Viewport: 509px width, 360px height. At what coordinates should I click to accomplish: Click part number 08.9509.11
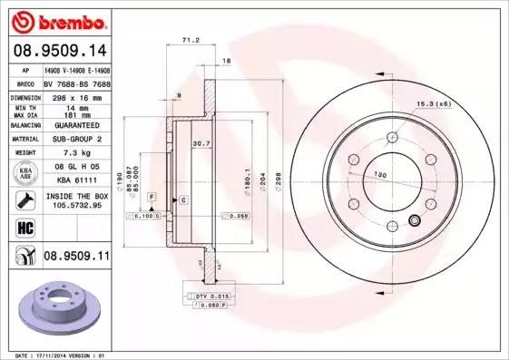76,258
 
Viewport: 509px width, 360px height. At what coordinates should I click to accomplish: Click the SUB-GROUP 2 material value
76,139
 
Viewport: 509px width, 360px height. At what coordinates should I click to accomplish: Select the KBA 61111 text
77,180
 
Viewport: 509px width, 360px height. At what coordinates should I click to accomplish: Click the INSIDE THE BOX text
76,196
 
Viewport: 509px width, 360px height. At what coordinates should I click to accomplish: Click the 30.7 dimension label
201,143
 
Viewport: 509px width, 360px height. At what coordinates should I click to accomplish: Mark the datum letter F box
152,197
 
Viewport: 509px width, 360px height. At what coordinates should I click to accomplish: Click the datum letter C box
183,199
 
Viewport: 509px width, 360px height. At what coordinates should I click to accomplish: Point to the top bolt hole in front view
391,136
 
